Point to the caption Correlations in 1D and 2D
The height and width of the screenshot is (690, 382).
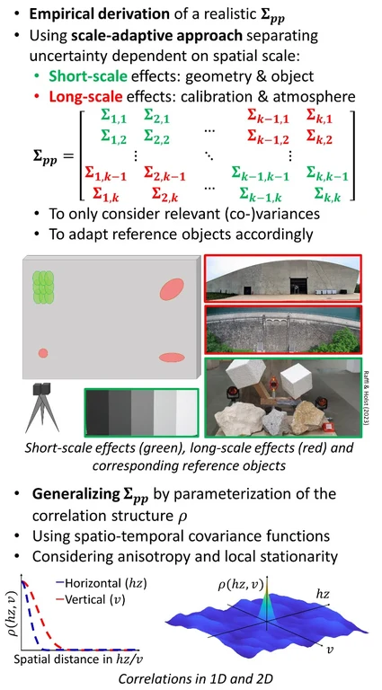click(191, 680)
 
